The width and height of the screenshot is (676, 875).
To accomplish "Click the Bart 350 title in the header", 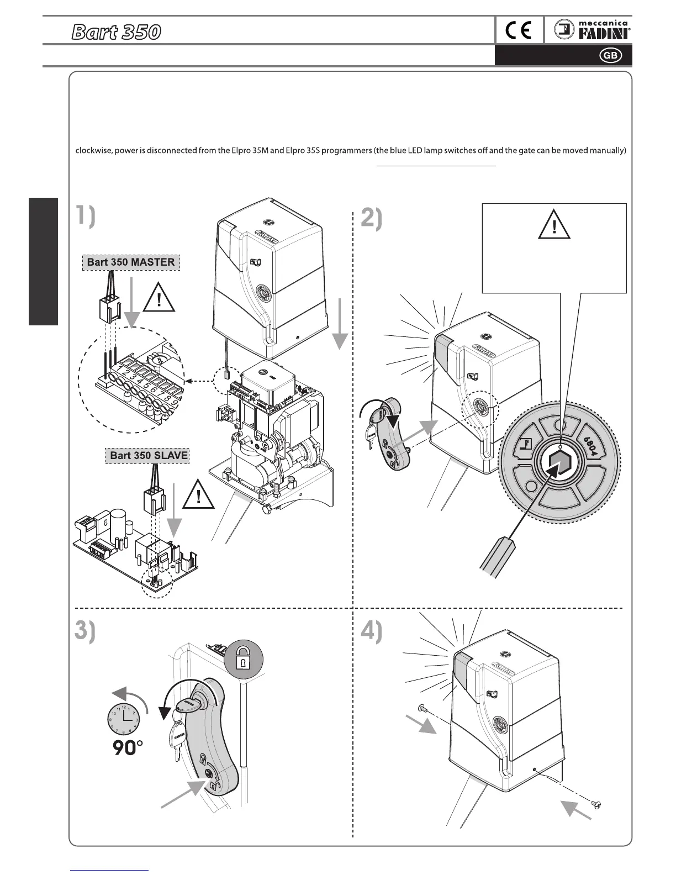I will pos(116,32).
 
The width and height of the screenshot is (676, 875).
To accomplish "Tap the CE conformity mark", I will pos(519,31).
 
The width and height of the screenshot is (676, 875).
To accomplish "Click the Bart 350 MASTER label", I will pos(131,262).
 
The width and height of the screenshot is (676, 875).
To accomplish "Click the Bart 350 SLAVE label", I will pos(149,455).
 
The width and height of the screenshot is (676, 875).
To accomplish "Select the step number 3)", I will pos(85,631).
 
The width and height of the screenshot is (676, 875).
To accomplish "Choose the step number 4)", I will pos(371,631).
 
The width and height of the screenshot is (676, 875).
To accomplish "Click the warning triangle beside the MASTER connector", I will pos(159,299).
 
